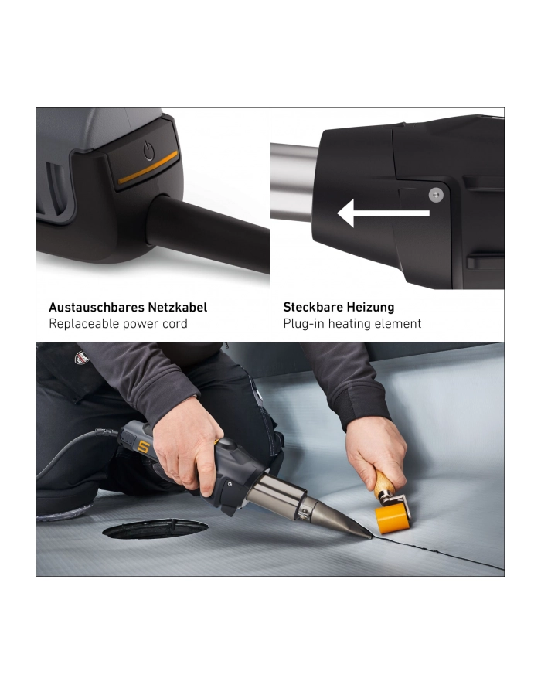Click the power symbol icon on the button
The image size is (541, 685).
click(x=149, y=151)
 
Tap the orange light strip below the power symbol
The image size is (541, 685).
click(x=148, y=167)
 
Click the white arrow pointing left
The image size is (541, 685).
click(x=383, y=213)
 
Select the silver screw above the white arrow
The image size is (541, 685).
click(x=436, y=195)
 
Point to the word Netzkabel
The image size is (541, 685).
click(x=178, y=307)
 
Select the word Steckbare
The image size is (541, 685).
click(x=313, y=307)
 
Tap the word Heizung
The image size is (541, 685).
click(x=371, y=308)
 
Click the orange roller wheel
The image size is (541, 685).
click(x=392, y=519)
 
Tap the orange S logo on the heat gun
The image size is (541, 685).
click(x=143, y=446)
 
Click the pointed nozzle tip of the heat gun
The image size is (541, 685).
click(x=370, y=537)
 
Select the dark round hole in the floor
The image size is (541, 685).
click(x=155, y=529)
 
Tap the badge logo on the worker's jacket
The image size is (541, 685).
click(x=82, y=358)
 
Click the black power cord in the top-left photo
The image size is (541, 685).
click(x=209, y=232)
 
